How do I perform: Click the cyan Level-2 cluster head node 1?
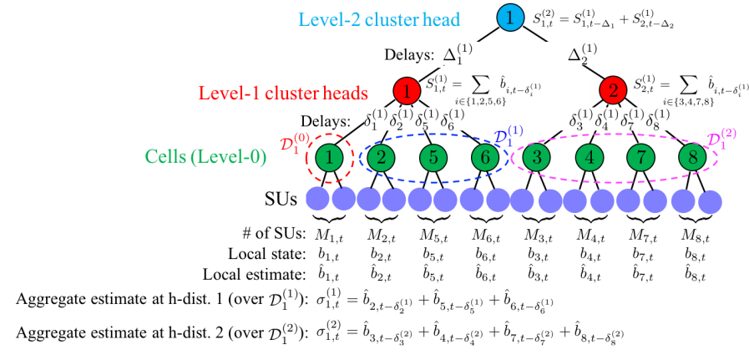(509, 18)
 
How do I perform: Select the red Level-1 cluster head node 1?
(407, 90)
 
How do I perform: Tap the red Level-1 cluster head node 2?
(612, 90)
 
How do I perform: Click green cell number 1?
(331, 157)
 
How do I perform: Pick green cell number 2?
(381, 157)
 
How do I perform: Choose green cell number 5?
(433, 157)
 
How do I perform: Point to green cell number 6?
(485, 157)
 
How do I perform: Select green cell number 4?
(590, 157)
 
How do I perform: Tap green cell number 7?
(641, 157)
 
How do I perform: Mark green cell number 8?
(692, 157)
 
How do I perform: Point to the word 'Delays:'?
(409, 56)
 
